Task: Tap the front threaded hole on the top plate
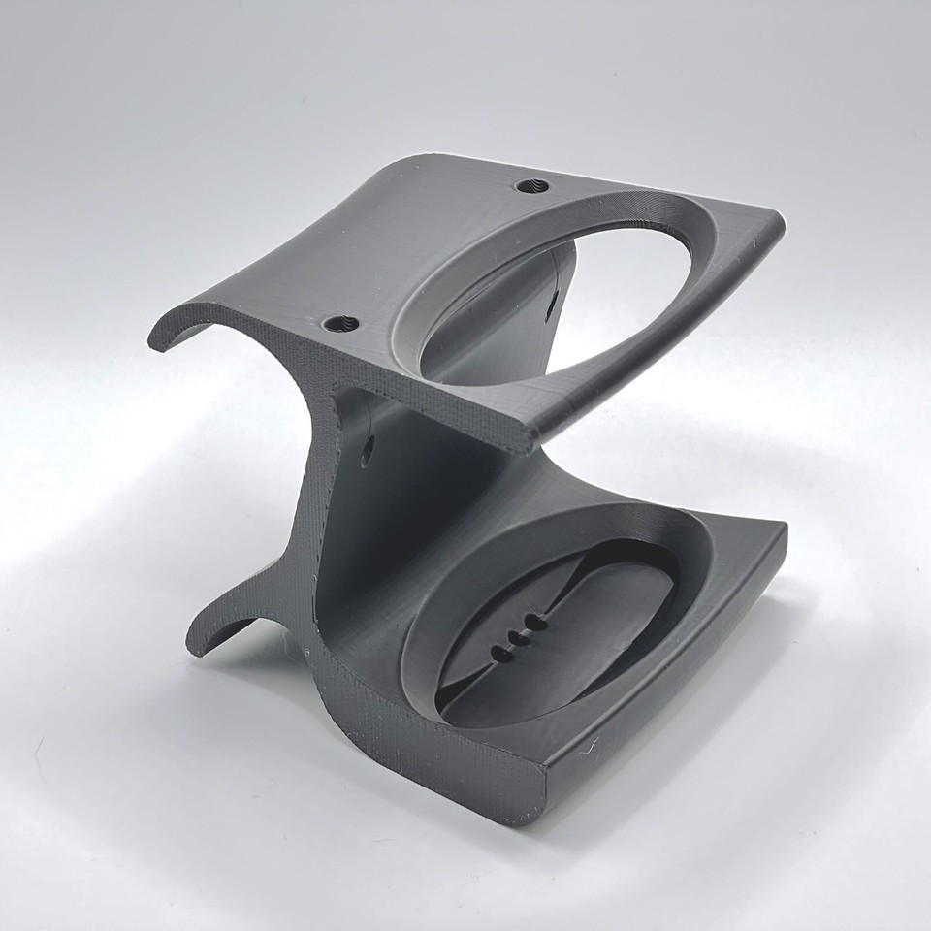[338, 324]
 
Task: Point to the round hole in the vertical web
[368, 449]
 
